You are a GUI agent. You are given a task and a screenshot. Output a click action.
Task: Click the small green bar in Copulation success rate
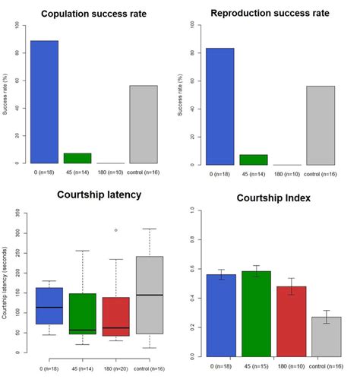point(77,158)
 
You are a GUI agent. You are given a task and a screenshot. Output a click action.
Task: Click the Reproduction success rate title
point(270,14)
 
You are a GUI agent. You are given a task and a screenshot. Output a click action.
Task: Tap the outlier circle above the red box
point(116,230)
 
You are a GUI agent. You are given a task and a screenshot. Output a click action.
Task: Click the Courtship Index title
point(271,199)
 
